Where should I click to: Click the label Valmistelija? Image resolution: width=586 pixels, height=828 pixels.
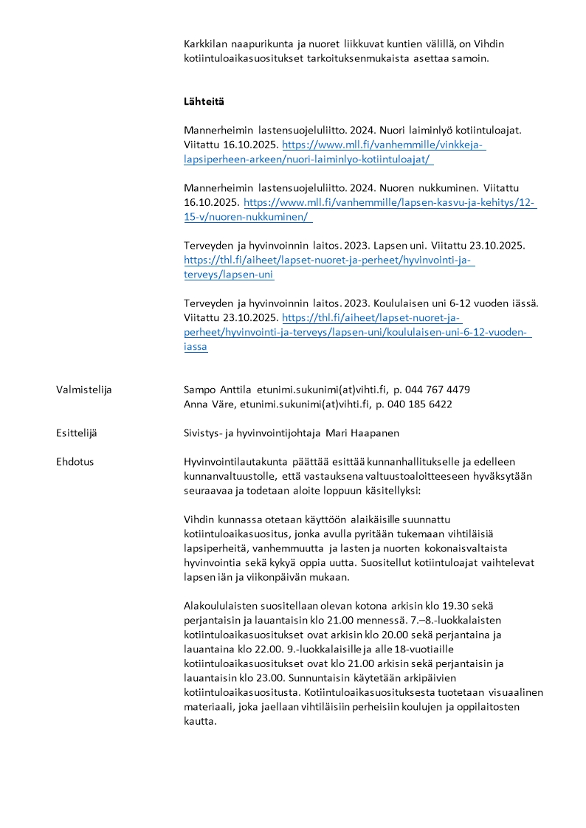(x=83, y=390)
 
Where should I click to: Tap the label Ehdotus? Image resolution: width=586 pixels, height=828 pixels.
(x=75, y=462)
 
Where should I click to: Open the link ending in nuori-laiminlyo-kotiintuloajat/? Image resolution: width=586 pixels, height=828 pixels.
(x=308, y=159)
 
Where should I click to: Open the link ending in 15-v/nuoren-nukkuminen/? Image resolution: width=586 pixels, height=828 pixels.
(x=248, y=217)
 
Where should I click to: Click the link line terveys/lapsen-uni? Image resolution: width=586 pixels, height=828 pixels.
(x=229, y=275)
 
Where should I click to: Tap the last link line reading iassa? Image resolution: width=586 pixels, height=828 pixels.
(x=196, y=347)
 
